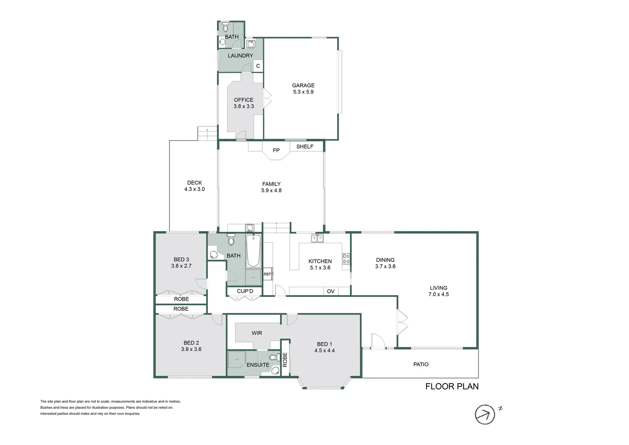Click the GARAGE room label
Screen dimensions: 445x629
point(303,85)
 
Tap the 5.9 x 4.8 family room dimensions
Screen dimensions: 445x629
point(271,190)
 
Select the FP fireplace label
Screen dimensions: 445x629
point(276,150)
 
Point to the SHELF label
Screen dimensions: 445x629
point(305,146)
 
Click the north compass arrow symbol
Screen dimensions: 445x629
point(485,414)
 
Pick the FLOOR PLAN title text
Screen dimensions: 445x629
point(452,386)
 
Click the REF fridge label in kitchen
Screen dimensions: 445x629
point(267,274)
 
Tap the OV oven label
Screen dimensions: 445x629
point(331,291)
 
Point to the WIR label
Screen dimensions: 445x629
point(257,333)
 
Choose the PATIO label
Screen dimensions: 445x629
point(421,364)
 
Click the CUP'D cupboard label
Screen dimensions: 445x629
point(245,291)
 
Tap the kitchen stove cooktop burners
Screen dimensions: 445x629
point(346,259)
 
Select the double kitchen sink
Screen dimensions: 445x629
point(317,238)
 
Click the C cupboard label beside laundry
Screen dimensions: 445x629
point(258,66)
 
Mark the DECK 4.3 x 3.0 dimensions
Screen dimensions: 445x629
point(194,189)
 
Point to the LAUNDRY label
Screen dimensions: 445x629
point(240,56)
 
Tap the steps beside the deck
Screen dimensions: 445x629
point(207,133)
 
